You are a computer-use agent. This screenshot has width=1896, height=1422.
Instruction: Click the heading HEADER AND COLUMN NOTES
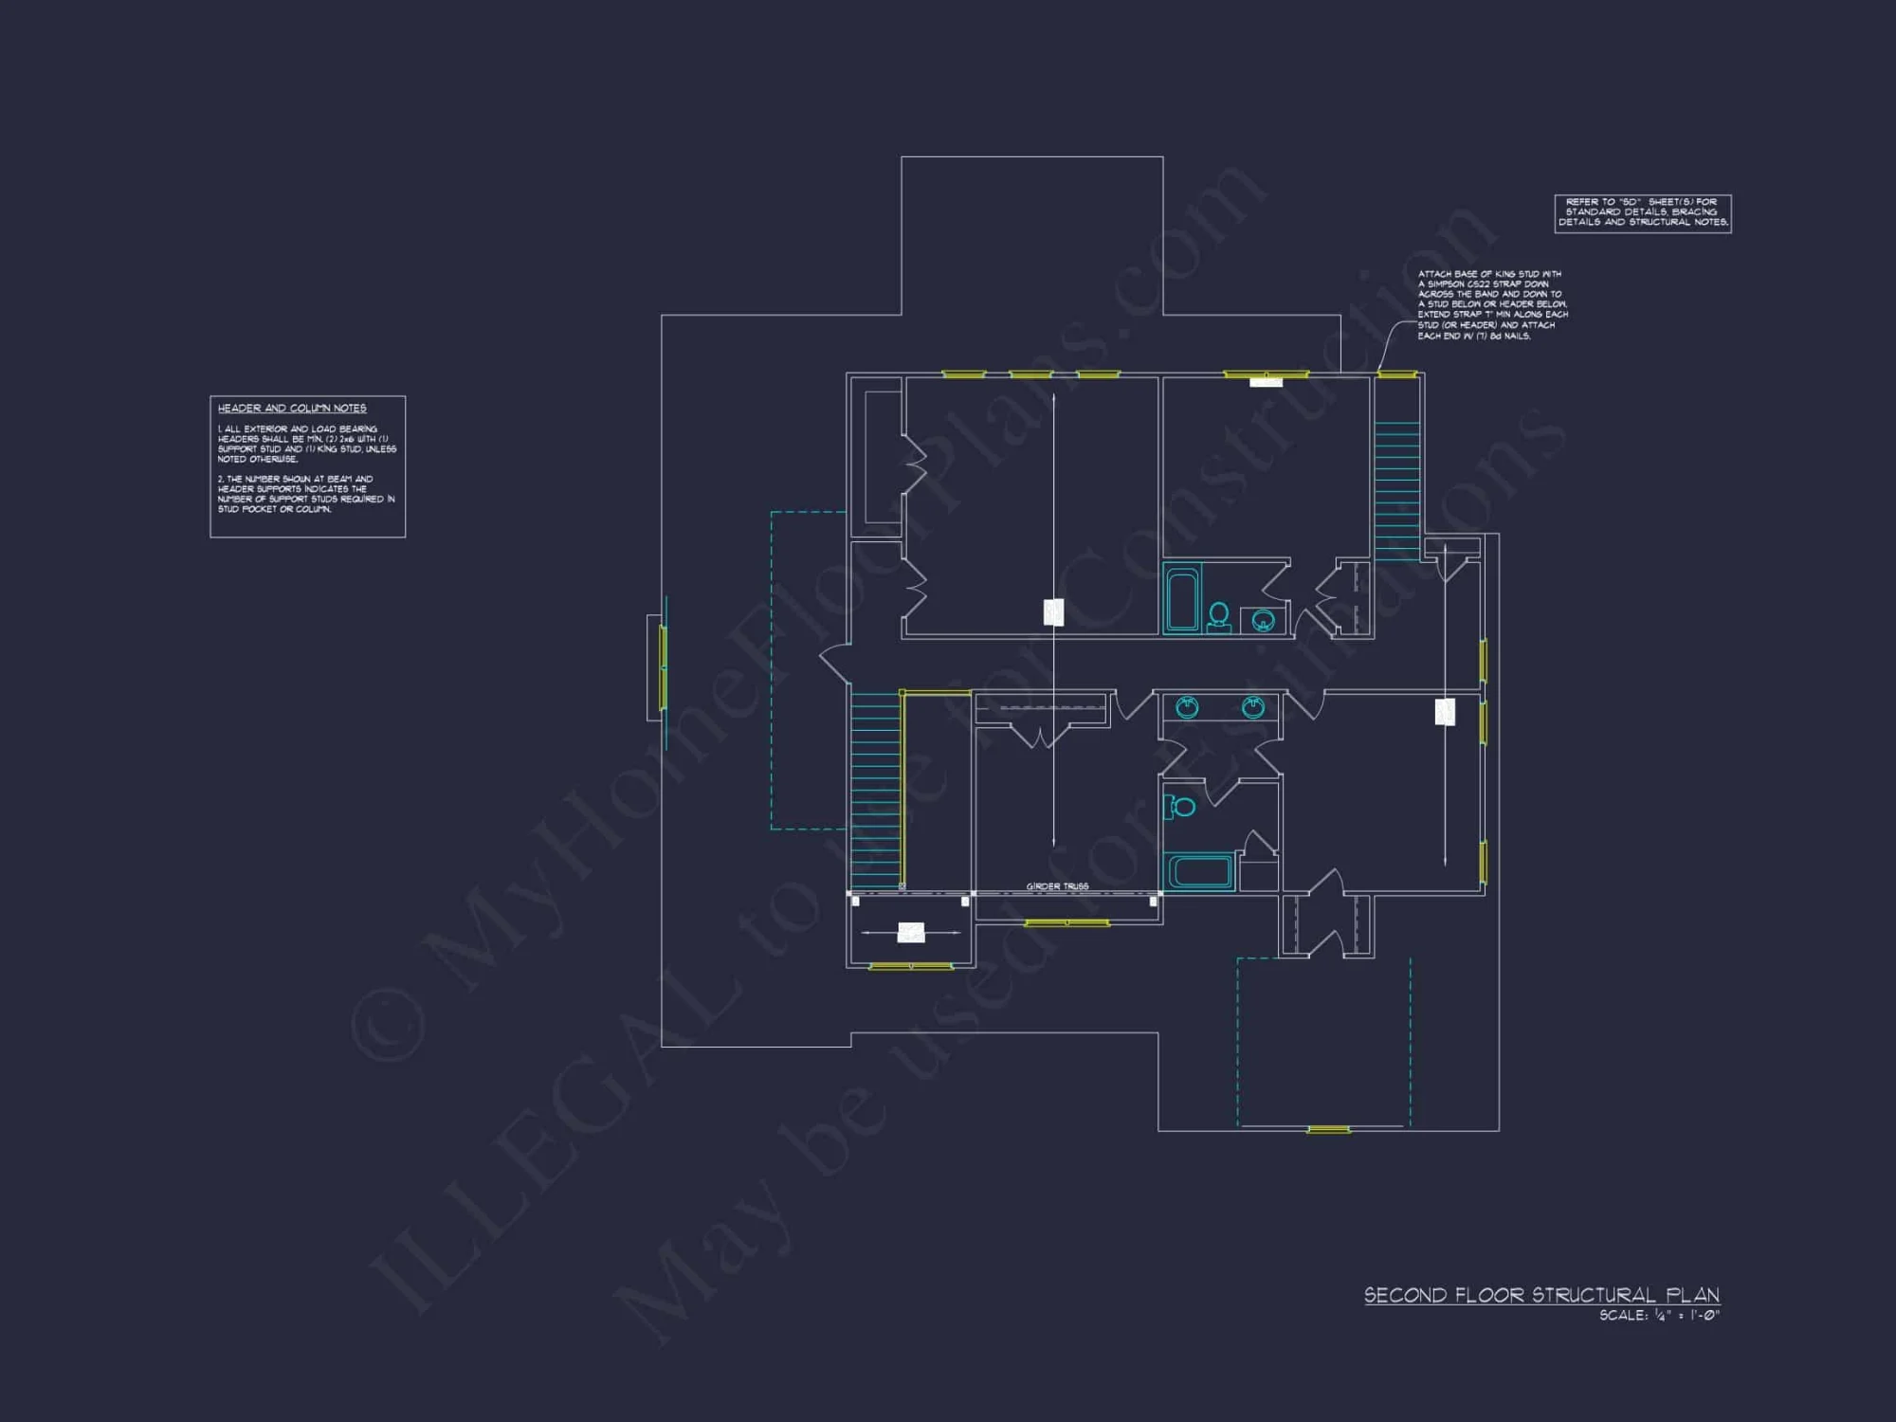point(292,409)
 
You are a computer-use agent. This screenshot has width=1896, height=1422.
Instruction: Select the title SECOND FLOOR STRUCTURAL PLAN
point(1541,1295)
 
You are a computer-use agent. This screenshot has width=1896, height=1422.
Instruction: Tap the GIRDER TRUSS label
point(1057,886)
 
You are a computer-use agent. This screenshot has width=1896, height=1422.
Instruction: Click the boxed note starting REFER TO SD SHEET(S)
point(1643,212)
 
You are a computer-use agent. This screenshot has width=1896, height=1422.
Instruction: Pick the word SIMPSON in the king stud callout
point(1456,284)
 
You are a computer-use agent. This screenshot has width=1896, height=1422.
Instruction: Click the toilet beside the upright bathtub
point(1219,616)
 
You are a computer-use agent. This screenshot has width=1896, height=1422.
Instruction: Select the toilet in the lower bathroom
point(1181,807)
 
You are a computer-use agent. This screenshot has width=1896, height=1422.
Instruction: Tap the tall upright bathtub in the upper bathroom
point(1182,598)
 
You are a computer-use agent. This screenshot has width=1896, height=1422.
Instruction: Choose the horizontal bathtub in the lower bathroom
point(1199,871)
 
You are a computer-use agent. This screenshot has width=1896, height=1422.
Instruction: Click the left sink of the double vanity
point(1187,707)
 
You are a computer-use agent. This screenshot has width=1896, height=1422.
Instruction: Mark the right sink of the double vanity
point(1253,707)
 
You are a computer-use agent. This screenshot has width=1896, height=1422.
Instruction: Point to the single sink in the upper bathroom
point(1263,621)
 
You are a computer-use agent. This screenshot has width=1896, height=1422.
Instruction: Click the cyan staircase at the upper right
point(1397,489)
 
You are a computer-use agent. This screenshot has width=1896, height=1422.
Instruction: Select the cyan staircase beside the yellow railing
point(875,789)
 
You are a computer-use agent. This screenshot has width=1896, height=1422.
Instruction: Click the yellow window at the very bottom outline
point(1328,1129)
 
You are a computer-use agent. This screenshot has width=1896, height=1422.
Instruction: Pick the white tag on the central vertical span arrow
point(1053,612)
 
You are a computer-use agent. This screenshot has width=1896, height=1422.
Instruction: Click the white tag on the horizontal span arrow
point(911,933)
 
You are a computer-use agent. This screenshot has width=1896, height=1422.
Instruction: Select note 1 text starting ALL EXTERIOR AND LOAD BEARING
point(306,444)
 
